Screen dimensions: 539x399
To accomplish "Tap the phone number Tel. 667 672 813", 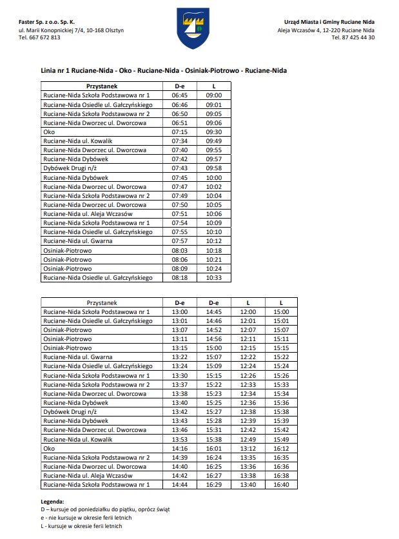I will coord(40,37).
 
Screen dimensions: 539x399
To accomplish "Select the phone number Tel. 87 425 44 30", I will coord(353,37).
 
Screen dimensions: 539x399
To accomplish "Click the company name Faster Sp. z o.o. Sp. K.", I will coord(47,22).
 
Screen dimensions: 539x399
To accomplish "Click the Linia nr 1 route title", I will coord(163,70).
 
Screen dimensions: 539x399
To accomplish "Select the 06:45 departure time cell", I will coord(180,95).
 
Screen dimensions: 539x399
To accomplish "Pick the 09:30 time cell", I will coord(214,132).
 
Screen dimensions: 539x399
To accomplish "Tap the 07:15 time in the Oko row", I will coord(180,132).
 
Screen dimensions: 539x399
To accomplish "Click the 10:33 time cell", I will coord(214,278).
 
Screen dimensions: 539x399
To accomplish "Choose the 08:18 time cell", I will coord(180,278).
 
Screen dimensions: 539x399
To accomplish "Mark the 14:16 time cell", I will coord(180,448).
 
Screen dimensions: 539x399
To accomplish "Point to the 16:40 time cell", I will coord(281,484).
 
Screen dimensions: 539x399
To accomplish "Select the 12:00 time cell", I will coord(248,311).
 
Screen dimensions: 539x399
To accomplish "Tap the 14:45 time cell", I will coord(214,311).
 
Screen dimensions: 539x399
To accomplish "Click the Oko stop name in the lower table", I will coord(49,448).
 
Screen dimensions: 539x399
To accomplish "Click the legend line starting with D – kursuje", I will coord(105,509).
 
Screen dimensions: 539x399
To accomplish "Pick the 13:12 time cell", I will coord(248,448).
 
